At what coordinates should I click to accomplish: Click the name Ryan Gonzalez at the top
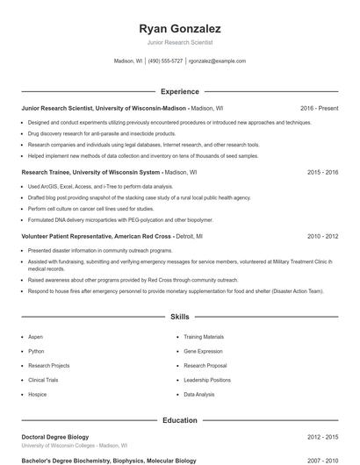click(x=180, y=28)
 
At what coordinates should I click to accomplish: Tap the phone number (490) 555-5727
click(x=165, y=61)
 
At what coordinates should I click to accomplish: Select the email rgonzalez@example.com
click(x=217, y=61)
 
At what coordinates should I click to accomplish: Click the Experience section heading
click(x=180, y=91)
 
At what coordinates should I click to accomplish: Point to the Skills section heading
click(x=180, y=316)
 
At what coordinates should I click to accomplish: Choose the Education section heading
click(x=180, y=420)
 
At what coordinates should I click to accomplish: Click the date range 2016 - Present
click(x=319, y=108)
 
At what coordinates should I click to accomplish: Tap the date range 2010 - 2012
click(x=322, y=236)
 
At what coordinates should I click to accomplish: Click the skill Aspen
click(x=36, y=337)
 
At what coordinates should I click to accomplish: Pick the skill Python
click(x=36, y=351)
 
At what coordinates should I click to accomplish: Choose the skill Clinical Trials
click(x=43, y=380)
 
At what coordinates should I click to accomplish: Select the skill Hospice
click(x=38, y=395)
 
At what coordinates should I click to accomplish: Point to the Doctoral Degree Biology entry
click(x=55, y=436)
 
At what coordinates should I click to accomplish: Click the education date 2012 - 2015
click(x=322, y=436)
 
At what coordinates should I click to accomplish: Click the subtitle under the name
click(x=180, y=42)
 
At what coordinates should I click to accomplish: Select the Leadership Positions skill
click(x=207, y=380)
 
